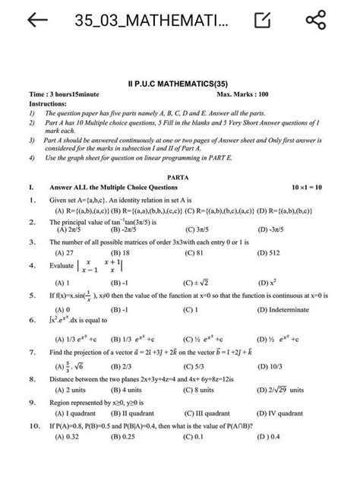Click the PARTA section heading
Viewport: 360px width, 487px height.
pyautogui.click(x=179, y=176)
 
